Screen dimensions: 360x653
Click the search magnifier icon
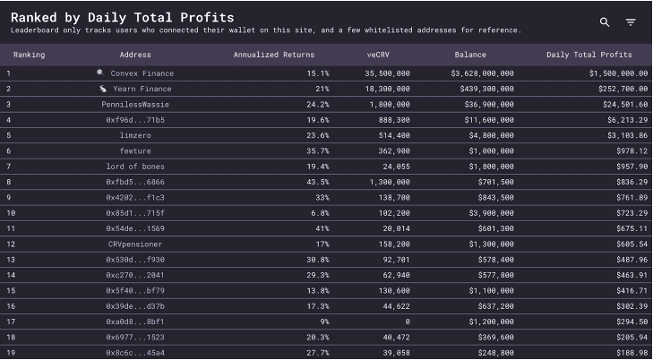605,21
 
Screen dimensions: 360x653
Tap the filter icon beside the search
631,21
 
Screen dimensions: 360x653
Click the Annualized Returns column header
274,55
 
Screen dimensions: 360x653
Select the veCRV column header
377,55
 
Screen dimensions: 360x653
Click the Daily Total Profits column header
589,55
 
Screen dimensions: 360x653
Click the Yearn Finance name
142,89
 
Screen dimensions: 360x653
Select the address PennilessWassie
135,104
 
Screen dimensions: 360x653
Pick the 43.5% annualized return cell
317,182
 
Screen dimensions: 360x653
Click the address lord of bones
135,167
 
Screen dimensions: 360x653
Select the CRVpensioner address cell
135,244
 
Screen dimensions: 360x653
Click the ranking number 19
10,352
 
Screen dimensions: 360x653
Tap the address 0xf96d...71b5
135,120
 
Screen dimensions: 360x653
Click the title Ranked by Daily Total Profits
122,17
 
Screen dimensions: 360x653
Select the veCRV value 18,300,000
388,89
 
